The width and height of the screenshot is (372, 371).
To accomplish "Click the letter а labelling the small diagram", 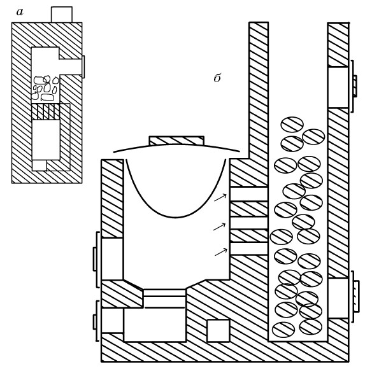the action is click(20, 12).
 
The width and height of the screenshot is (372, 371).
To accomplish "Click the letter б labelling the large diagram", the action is click(217, 78).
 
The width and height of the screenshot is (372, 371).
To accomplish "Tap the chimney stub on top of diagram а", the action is click(62, 15).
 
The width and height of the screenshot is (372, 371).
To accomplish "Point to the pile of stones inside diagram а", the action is click(45, 88).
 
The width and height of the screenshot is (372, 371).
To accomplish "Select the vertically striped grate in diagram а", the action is click(46, 111).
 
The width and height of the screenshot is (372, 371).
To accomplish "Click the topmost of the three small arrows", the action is click(220, 197).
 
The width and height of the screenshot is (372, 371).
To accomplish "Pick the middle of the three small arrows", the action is click(220, 227).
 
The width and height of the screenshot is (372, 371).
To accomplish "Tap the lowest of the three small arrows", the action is click(221, 252).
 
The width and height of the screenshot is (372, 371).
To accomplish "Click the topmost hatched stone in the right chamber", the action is click(292, 125).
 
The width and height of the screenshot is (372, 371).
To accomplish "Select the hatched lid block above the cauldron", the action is click(176, 141).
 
